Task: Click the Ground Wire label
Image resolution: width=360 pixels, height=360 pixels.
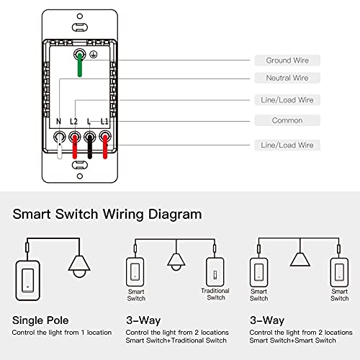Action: [x=288, y=60]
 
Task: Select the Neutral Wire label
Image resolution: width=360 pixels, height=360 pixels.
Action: [x=288, y=78]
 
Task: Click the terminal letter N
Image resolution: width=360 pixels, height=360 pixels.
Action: [x=59, y=122]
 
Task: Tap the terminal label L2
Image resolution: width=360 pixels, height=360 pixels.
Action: [x=73, y=122]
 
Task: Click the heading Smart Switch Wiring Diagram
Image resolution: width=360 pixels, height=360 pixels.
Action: [x=107, y=214]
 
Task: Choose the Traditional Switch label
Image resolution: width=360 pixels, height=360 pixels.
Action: [x=215, y=294]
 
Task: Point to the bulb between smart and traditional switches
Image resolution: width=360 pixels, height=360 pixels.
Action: [x=174, y=261]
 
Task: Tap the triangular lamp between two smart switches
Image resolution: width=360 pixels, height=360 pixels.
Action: [x=299, y=259]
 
